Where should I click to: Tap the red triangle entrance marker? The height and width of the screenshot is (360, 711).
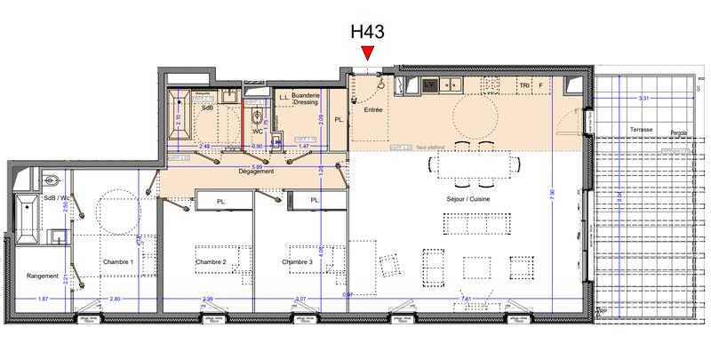(x=368, y=57)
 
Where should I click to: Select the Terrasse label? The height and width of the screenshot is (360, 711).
(x=641, y=130)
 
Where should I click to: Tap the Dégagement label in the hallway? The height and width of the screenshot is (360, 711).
(x=255, y=171)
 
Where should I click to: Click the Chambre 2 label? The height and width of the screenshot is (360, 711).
(x=212, y=261)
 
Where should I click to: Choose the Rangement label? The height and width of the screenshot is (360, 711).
(x=41, y=275)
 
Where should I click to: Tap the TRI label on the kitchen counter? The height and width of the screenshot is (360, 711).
(x=524, y=85)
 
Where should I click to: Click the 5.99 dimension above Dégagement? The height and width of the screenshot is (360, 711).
(x=255, y=164)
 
